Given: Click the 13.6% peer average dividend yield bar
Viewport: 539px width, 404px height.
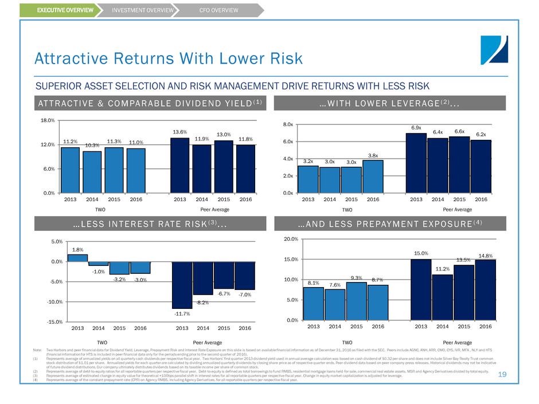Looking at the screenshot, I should click(180, 166).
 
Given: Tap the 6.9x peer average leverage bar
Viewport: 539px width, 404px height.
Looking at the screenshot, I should click(416, 163).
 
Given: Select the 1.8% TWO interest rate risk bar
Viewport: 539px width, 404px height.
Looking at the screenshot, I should click(77, 258).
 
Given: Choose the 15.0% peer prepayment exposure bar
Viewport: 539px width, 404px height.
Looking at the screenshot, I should click(420, 289).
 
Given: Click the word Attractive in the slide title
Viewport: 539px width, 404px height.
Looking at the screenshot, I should click(65, 58).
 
